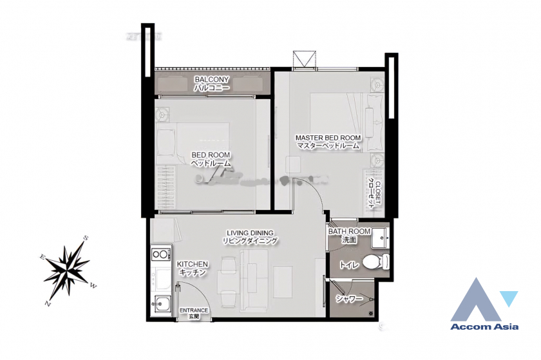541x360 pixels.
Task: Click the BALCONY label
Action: pos(211,80)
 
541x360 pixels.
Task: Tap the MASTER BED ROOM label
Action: pos(328,138)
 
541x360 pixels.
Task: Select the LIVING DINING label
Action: pos(250,232)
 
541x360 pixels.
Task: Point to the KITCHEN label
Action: pos(192,264)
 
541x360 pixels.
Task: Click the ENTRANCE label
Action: pos(193,310)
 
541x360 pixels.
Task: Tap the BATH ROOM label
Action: pos(350,231)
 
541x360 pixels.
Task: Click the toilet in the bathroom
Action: pos(374,262)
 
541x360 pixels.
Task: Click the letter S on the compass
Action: pos(86,239)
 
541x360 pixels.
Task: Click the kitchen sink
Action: pos(159,303)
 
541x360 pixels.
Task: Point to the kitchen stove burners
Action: pos(158,254)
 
